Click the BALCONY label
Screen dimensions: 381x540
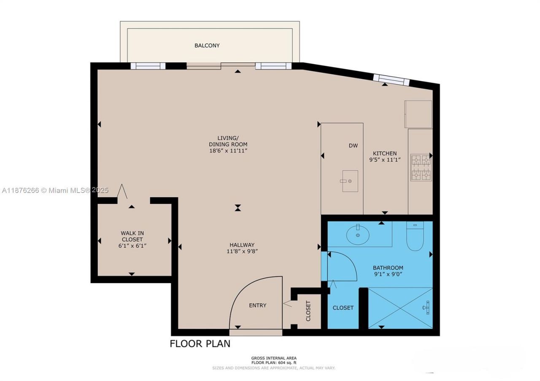pos(207,46)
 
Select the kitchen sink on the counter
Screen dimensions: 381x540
pos(350,181)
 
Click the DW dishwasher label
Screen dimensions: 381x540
pos(353,146)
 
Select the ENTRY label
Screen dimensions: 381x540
pos(257,305)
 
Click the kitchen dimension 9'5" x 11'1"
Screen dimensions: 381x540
pos(384,160)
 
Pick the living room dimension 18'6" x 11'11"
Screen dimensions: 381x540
pos(228,150)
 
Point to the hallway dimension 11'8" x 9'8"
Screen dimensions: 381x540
pos(242,251)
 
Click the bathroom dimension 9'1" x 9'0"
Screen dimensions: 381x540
pos(388,274)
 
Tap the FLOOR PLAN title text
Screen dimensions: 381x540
pos(200,343)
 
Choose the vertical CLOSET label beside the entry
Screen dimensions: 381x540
pos(308,311)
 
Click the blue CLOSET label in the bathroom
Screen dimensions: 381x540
pos(343,308)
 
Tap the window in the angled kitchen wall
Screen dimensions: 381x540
pos(391,80)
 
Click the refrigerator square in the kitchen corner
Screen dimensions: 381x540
pos(418,114)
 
